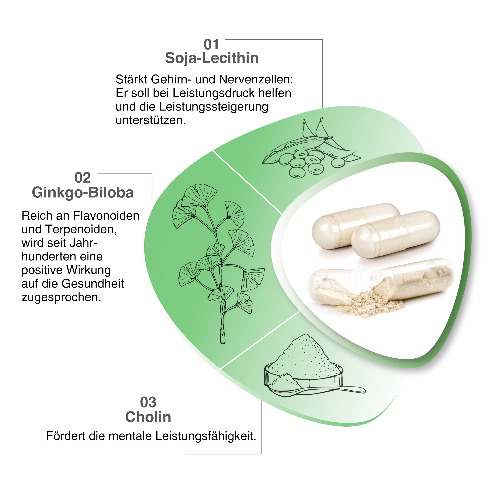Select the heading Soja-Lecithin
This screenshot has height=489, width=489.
[x=212, y=58]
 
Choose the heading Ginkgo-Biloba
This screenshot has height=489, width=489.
[x=82, y=193]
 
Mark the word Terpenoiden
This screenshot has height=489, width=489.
[x=81, y=229]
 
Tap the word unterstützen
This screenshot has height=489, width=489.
[x=151, y=120]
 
